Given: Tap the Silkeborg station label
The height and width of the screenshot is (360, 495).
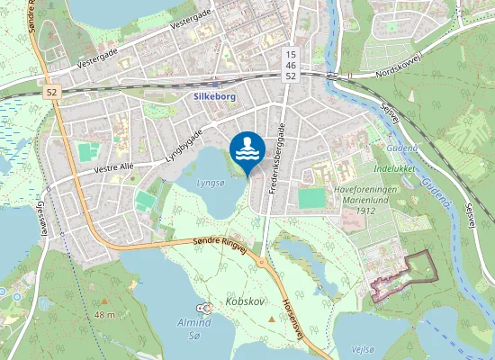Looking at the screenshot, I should click(x=214, y=95).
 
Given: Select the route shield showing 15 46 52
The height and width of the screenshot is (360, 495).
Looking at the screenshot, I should click(x=290, y=65).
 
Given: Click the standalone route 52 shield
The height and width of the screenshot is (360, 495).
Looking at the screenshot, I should click(x=52, y=92).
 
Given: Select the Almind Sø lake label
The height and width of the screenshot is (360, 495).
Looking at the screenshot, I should click(x=193, y=328).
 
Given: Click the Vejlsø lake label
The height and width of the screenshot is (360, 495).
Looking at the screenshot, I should click(x=362, y=349).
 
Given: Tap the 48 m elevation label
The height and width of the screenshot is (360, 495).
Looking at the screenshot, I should click(x=104, y=314).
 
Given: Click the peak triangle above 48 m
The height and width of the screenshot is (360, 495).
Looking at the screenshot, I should click(x=104, y=300).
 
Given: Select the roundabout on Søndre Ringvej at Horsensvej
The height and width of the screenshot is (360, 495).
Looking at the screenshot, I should click(x=261, y=263).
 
